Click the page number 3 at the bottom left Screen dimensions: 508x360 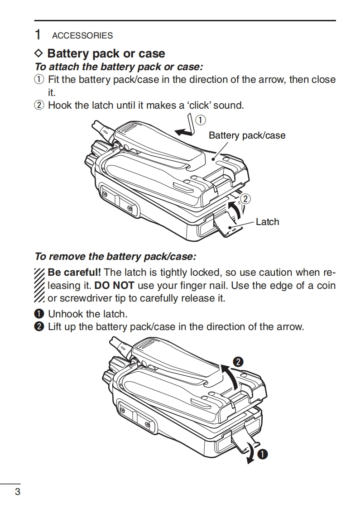pyautogui.click(x=17, y=492)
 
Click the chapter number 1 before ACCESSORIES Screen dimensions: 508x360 pyautogui.click(x=39, y=35)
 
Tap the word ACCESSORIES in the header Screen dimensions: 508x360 pyautogui.click(x=82, y=36)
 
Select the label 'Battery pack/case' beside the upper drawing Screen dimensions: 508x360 pyautogui.click(x=247, y=135)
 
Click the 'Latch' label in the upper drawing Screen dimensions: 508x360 pyautogui.click(x=267, y=222)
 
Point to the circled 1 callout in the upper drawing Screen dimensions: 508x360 pyautogui.click(x=201, y=120)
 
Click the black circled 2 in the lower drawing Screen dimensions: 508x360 pyautogui.click(x=239, y=362)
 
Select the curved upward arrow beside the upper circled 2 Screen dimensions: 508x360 pyautogui.click(x=234, y=210)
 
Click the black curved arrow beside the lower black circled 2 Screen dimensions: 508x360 pyautogui.click(x=230, y=375)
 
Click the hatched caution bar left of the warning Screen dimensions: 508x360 pyautogui.click(x=39, y=285)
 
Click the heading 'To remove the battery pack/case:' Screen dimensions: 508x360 pyautogui.click(x=115, y=257)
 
